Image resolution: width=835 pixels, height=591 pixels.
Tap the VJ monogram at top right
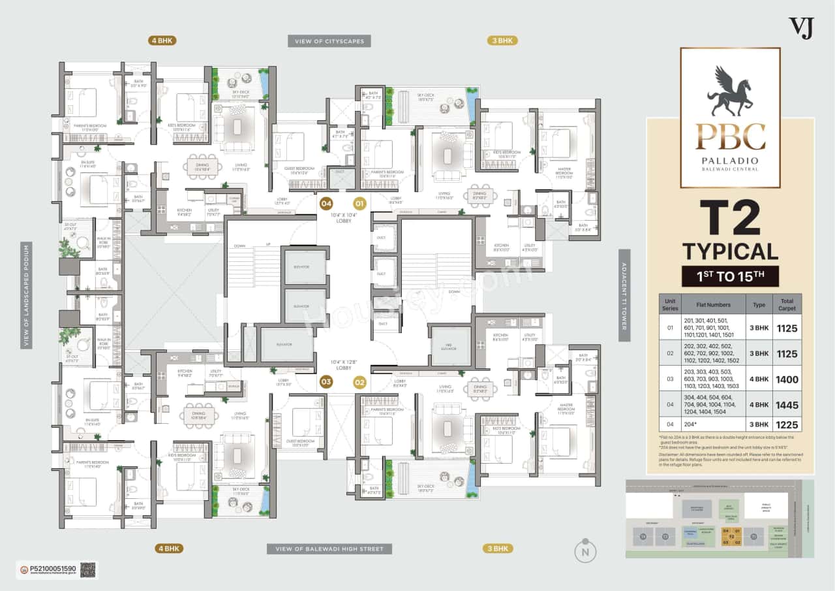click(802, 28)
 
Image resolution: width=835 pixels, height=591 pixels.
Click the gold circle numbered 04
click(326, 203)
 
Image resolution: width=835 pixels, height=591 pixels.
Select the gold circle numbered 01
click(360, 203)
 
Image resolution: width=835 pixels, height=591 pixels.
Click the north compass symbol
click(585, 551)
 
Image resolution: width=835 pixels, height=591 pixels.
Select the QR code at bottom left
click(88, 569)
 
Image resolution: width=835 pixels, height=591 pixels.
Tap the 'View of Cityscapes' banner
click(329, 41)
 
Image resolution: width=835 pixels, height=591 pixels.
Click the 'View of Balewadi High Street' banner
click(329, 549)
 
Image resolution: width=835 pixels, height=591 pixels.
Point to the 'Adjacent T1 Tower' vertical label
click(624, 295)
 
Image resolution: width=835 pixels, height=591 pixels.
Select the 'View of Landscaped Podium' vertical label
click(26, 295)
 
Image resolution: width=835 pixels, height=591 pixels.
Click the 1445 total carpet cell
click(787, 405)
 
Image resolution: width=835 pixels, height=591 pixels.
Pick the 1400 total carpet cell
click(787, 379)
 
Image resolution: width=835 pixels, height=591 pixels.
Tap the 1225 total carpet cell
click(787, 425)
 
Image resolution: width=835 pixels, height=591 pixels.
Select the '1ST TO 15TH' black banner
click(730, 276)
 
